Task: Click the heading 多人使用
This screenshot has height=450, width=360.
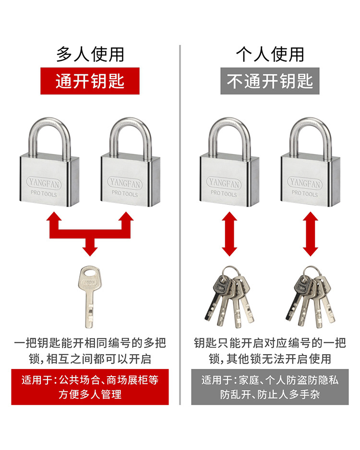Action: [x=90, y=54]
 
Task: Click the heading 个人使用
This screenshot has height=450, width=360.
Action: [x=270, y=54]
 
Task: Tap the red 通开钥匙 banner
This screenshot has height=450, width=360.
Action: [x=90, y=81]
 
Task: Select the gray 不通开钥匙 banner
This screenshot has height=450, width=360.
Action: [x=270, y=81]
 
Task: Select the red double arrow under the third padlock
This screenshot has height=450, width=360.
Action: [x=229, y=235]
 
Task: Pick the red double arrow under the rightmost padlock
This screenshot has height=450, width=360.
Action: [x=311, y=235]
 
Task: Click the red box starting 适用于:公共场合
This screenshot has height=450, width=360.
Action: [x=90, y=387]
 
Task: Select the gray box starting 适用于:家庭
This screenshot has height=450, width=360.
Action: [x=270, y=387]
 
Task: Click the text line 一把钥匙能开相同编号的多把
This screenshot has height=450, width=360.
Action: [x=90, y=343]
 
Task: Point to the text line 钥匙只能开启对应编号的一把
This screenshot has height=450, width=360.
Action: [x=270, y=343]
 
